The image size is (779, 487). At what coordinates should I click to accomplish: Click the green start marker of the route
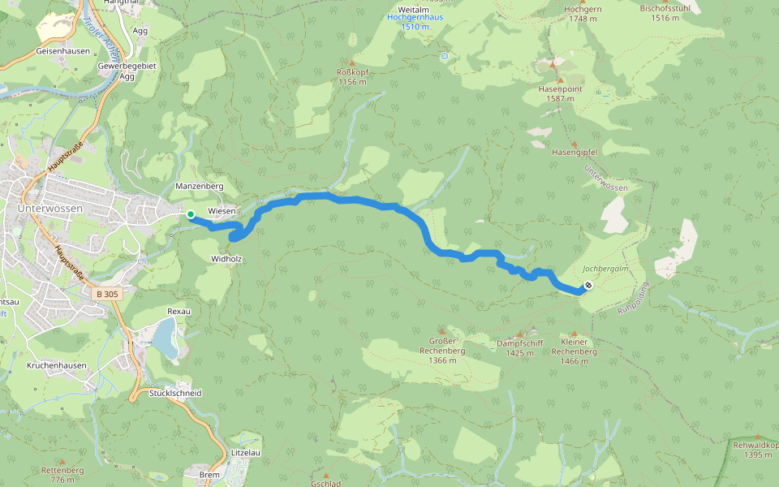[190, 214]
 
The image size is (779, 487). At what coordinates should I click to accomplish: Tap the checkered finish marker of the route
[587, 286]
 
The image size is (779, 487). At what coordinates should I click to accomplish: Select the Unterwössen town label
[49, 209]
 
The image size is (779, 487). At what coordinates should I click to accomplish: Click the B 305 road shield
[107, 294]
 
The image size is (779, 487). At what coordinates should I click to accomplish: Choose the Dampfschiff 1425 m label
[519, 348]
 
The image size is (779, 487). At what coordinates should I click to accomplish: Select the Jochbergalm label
[605, 269]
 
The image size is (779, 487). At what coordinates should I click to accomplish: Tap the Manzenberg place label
[200, 186]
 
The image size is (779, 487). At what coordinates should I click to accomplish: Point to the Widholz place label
[226, 258]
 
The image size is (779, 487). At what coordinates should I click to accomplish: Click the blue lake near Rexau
[165, 338]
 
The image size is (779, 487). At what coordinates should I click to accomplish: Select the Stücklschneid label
[175, 393]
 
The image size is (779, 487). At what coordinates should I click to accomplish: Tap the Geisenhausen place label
[61, 50]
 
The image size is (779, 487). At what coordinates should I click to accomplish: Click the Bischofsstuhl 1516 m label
[665, 13]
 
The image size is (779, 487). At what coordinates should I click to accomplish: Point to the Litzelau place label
[245, 452]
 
